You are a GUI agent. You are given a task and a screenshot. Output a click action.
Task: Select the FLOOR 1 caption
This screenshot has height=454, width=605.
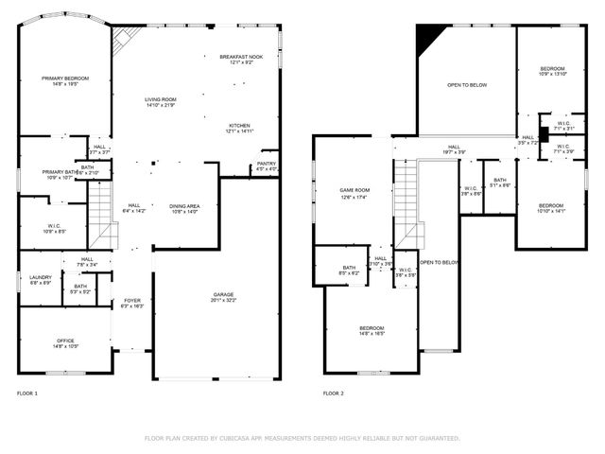[x=28, y=393]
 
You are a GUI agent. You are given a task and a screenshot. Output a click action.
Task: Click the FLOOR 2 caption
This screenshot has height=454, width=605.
[x=334, y=393]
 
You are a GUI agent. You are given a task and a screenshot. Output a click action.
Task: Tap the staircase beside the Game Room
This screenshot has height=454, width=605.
[x=406, y=203]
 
